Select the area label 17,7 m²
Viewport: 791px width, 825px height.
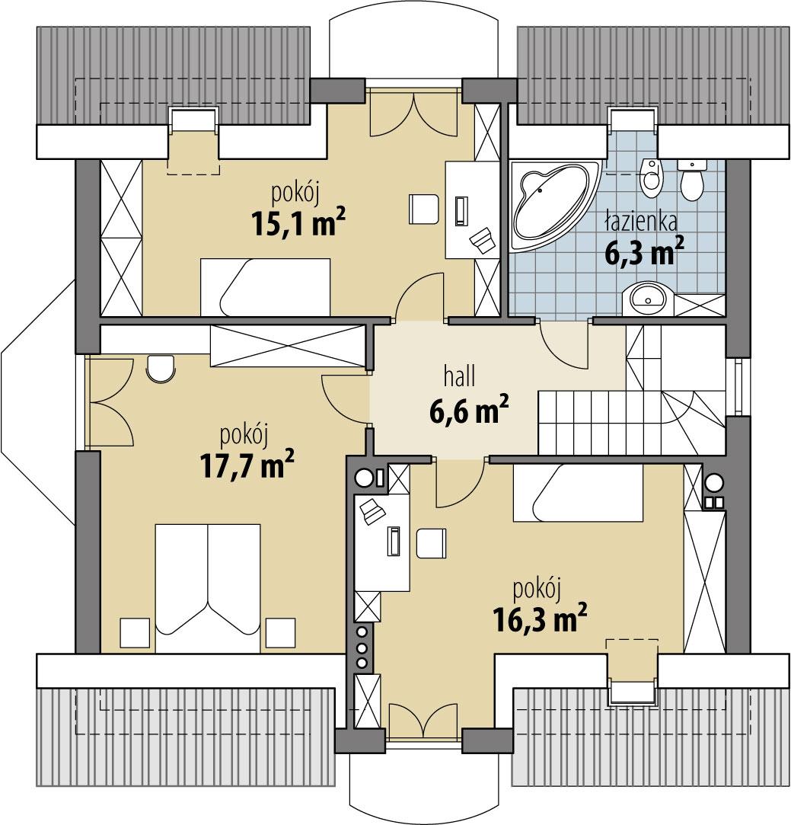[247, 466]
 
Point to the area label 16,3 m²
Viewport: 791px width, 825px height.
[539, 619]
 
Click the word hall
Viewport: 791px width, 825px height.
[460, 375]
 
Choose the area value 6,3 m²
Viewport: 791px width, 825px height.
[644, 252]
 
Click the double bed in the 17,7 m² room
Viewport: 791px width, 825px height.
[208, 587]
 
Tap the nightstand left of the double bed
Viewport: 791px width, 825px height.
[135, 632]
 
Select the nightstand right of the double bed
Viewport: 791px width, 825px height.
[280, 632]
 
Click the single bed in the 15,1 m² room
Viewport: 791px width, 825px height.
[265, 286]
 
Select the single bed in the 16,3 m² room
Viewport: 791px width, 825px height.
[577, 494]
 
